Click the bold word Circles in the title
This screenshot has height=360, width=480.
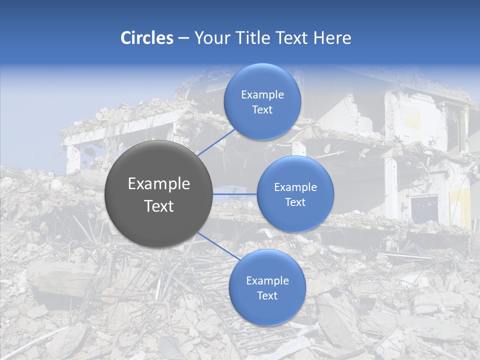[147, 38]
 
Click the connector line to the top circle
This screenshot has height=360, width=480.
[216, 142]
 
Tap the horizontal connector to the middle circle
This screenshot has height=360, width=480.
[235, 193]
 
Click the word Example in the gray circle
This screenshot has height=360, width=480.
[159, 184]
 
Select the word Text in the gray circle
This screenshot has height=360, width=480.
[159, 206]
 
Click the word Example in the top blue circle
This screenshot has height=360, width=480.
[262, 94]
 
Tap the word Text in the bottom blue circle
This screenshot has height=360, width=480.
[267, 295]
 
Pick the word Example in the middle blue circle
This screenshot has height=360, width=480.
[295, 187]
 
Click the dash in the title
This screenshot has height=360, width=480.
[183, 38]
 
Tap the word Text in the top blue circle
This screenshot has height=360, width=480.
[262, 109]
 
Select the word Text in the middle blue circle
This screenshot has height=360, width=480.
[295, 202]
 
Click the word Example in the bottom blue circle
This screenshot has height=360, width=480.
[267, 280]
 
